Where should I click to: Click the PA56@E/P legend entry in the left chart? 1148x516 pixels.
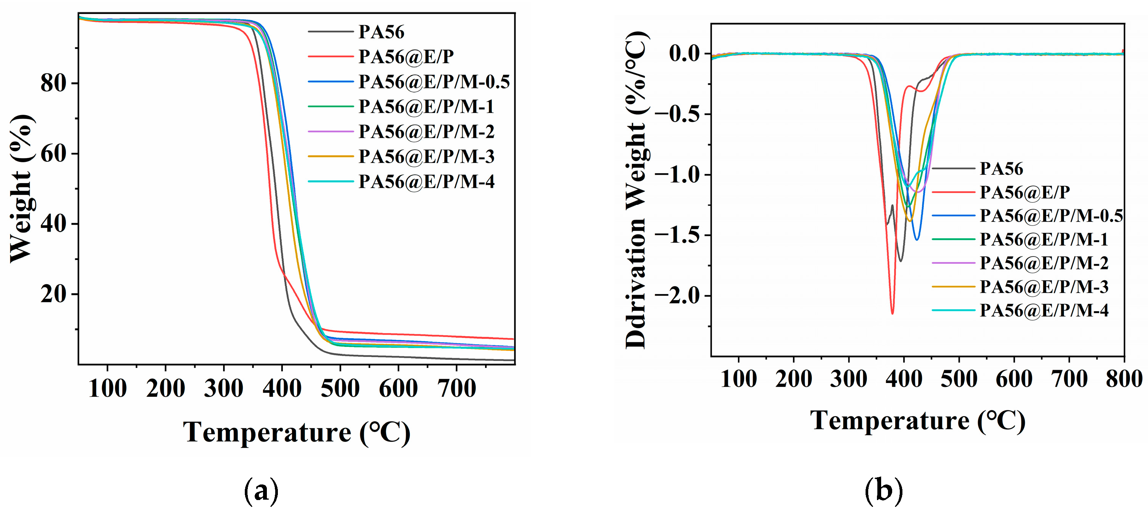click(406, 57)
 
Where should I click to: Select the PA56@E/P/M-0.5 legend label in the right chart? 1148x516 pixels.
click(1051, 216)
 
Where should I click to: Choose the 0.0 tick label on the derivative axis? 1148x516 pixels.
click(684, 54)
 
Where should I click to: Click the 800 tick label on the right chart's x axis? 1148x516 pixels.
click(1124, 379)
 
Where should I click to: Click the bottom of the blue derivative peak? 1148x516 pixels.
click(917, 240)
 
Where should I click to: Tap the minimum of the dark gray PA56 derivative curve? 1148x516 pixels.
click(901, 261)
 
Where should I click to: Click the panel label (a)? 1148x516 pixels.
click(261, 491)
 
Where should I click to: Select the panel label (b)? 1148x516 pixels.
click(884, 491)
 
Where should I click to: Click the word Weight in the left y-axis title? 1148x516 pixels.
click(21, 216)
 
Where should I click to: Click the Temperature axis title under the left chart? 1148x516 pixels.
click(297, 432)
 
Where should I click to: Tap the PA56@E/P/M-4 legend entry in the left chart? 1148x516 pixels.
click(426, 181)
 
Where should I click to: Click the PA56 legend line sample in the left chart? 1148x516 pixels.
click(330, 32)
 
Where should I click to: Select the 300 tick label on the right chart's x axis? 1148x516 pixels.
click(848, 379)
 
